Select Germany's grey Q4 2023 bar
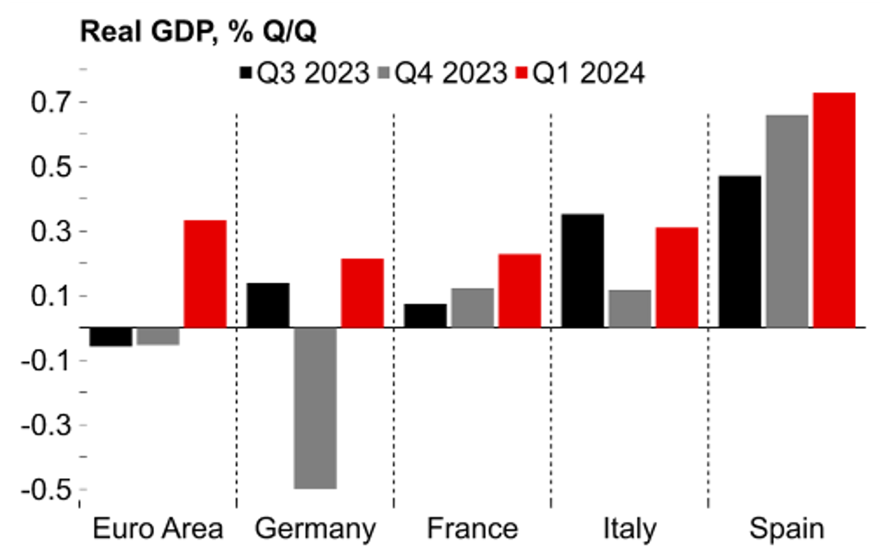314,407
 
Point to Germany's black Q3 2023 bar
268,305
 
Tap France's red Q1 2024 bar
519,290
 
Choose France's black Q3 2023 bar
425,315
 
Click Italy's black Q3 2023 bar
583,270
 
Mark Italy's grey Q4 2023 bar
629,308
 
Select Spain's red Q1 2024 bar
834,210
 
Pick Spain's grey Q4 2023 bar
787,221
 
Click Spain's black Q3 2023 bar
740,252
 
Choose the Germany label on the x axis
315,528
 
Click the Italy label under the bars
629,528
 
